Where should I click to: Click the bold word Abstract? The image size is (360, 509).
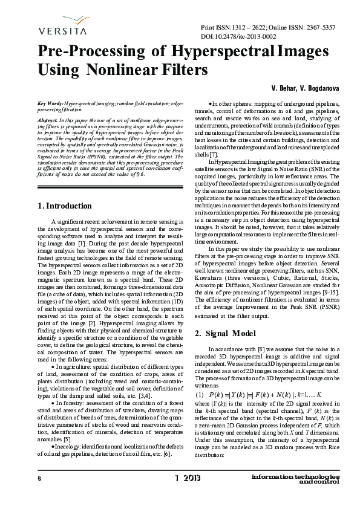click(x=48, y=121)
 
